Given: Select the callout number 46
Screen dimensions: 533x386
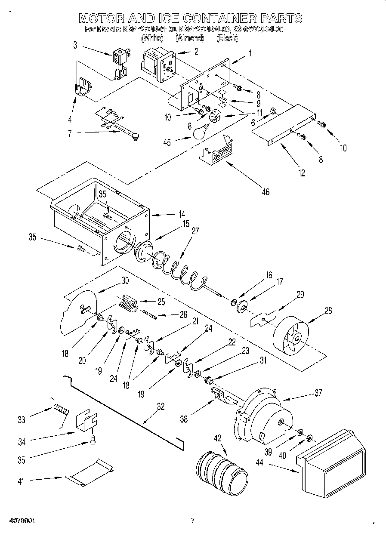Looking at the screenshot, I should (266, 192).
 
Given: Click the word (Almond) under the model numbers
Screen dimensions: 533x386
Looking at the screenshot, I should (190, 38).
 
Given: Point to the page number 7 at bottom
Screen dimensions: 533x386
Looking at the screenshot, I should (193, 521).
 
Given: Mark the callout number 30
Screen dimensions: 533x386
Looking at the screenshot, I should (124, 280).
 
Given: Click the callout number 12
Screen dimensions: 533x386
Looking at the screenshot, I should (301, 173).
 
